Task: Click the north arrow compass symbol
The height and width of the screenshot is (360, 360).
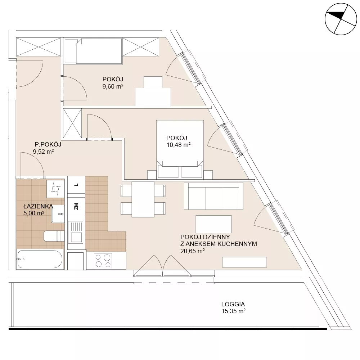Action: (341, 19)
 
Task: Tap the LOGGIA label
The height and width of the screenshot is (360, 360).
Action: (233, 304)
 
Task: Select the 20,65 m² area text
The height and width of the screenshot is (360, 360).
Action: (192, 251)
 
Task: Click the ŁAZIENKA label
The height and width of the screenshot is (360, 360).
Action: (38, 206)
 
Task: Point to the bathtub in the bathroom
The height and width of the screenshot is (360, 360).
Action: (40, 259)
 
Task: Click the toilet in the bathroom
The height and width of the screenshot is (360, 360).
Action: (54, 236)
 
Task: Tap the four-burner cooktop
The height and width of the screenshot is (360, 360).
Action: (103, 261)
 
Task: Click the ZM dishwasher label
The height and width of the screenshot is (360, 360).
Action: (76, 206)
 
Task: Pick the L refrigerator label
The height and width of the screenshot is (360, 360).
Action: (76, 185)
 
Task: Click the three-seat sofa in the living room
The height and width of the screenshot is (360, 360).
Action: (213, 196)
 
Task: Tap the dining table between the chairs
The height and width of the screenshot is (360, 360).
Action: (143, 199)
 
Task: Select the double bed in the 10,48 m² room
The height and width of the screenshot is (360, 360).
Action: (180, 149)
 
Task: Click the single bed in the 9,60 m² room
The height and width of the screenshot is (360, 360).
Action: (93, 51)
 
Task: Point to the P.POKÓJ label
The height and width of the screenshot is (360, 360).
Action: (48, 144)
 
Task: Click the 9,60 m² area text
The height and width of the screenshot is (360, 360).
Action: (113, 86)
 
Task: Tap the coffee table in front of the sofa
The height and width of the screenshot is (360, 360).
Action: (213, 224)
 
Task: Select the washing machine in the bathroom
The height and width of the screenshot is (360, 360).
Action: (55, 189)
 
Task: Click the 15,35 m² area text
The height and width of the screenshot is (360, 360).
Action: (233, 311)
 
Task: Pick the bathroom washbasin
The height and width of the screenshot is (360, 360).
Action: (57, 214)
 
